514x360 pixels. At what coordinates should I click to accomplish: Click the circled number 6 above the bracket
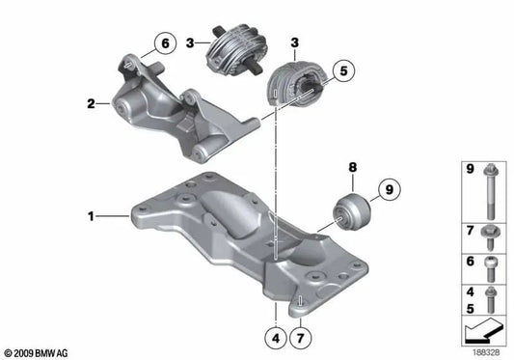tap(164, 42)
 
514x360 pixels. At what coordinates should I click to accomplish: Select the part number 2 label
tap(90, 101)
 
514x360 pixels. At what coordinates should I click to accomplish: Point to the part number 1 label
tap(91, 217)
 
